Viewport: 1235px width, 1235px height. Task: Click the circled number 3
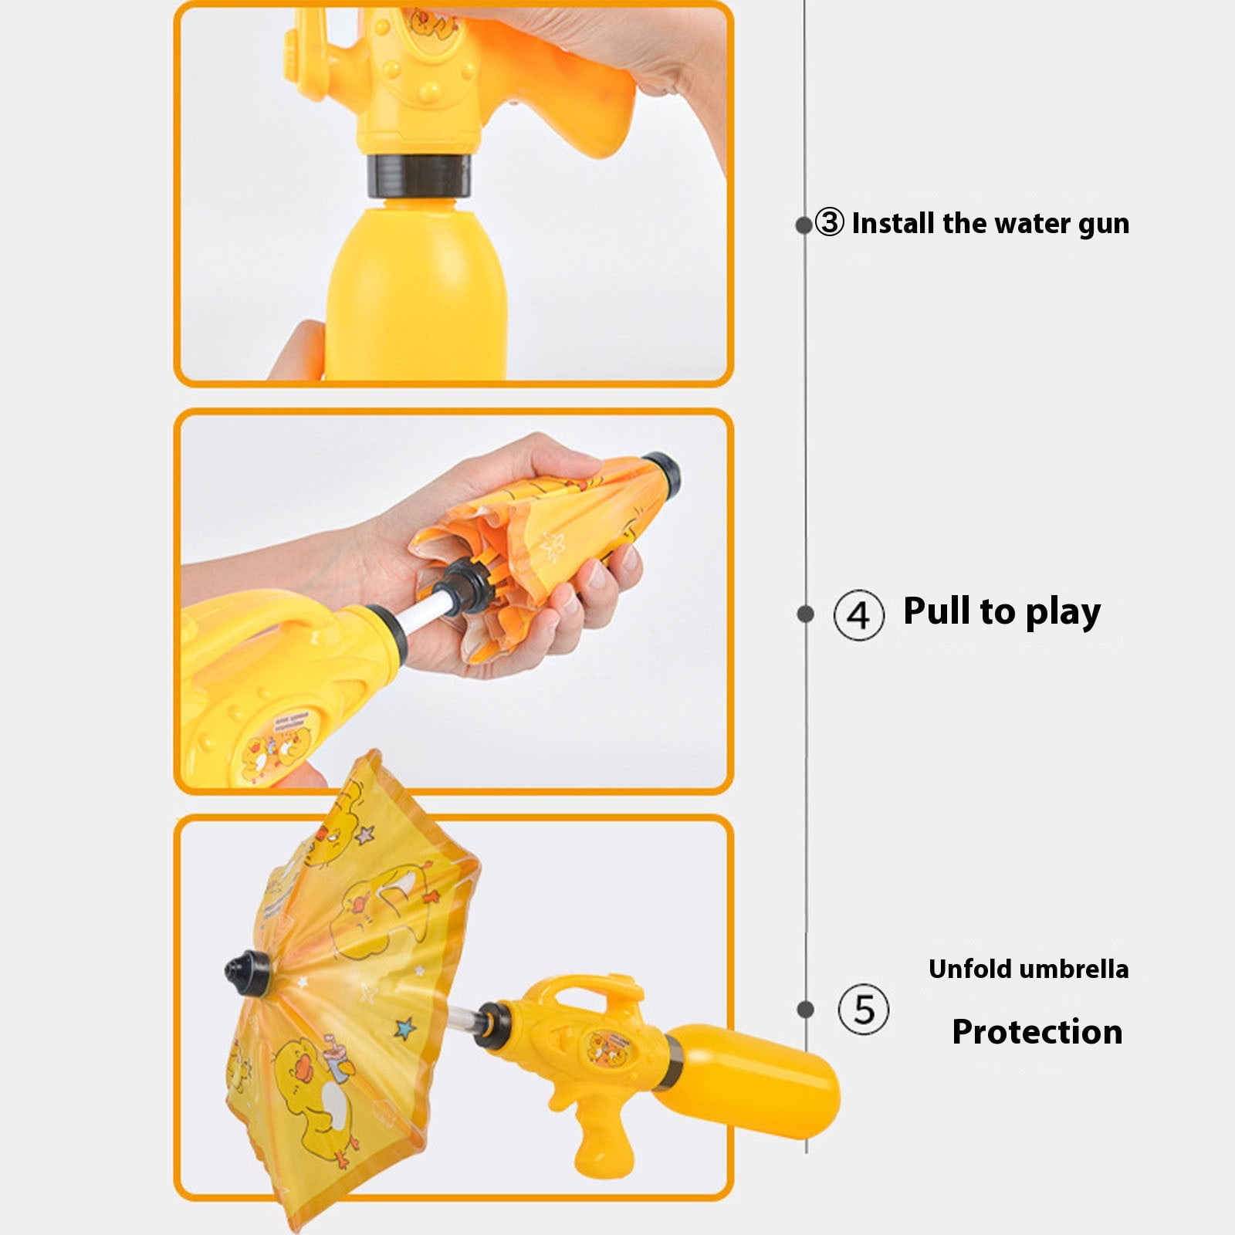830,222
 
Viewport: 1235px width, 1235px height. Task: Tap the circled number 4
858,614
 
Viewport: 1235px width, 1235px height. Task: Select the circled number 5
864,1009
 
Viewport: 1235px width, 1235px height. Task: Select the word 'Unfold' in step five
968,969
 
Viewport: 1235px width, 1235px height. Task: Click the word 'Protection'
1037,1031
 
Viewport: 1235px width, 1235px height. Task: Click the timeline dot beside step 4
805,614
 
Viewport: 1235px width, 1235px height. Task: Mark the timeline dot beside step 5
805,1009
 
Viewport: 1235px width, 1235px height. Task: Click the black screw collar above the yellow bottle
418,176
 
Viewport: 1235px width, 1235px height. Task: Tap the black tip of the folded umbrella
662,472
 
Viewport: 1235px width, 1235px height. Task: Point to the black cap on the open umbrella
248,973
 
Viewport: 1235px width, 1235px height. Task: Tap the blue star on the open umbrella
404,1028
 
